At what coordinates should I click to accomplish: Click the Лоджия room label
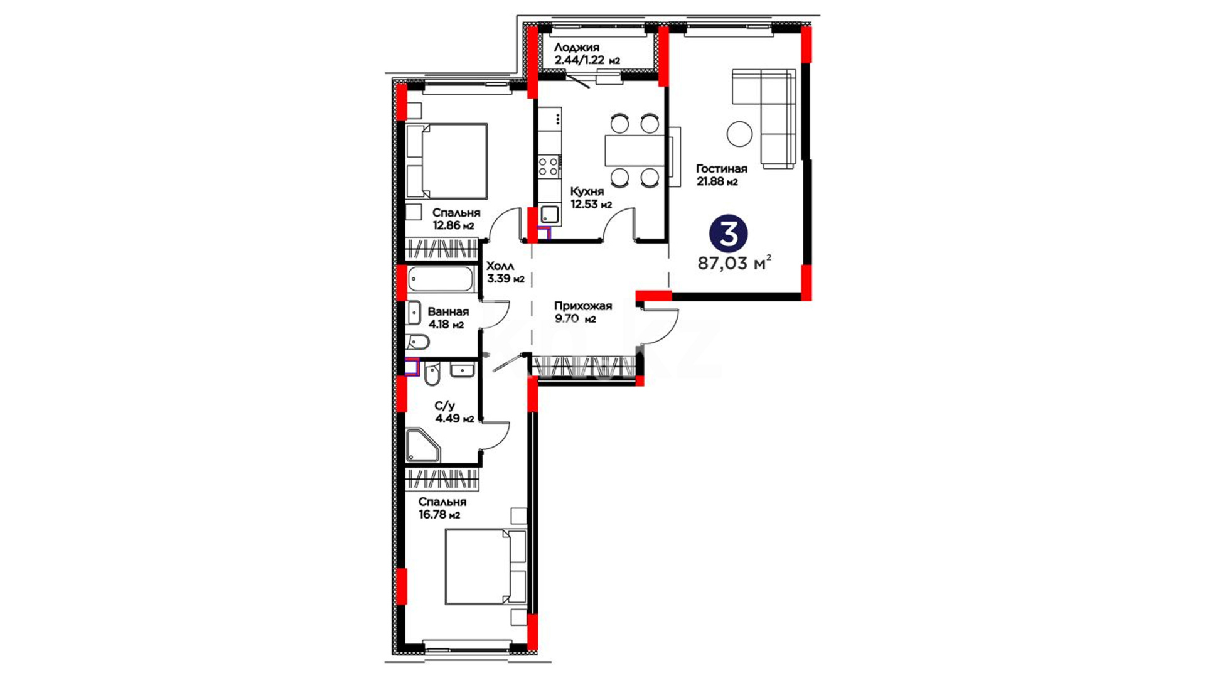577,48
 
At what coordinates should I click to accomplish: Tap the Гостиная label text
721,168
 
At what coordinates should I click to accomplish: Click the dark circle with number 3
728,234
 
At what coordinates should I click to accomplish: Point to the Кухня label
587,191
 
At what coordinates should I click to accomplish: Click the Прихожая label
582,306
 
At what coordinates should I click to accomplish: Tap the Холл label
500,266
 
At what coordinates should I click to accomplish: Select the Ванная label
448,312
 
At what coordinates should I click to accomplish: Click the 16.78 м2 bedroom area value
439,515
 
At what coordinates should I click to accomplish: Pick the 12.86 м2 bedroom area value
453,226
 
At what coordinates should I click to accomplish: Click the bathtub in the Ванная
440,279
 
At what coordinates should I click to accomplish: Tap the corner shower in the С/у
422,445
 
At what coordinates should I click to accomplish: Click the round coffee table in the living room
740,134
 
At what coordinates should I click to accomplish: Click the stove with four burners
549,166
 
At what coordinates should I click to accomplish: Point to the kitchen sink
549,215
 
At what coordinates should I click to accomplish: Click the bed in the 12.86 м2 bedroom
446,161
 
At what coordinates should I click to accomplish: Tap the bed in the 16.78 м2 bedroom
486,567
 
